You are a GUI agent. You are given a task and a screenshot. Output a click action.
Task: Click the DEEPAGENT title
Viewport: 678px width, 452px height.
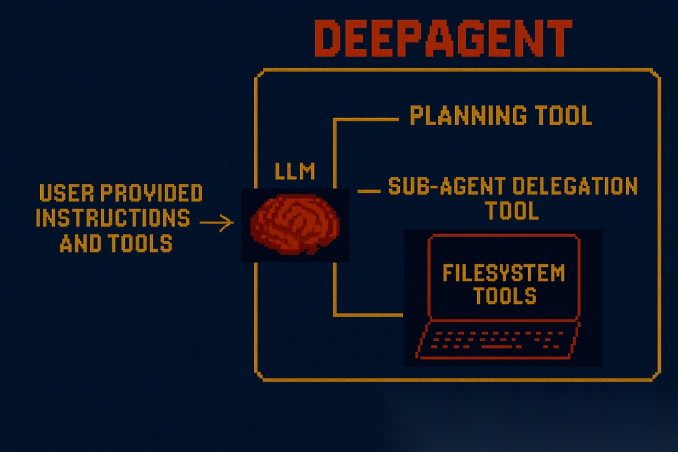tap(443, 39)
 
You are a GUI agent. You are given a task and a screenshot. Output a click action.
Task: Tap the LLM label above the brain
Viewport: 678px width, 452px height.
tap(294, 171)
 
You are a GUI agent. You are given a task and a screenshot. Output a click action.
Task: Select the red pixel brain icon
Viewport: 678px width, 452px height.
tap(294, 224)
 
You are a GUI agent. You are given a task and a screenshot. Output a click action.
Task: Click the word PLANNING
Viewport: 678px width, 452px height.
tap(460, 116)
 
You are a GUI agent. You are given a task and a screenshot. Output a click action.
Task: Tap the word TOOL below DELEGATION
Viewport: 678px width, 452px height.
tap(512, 210)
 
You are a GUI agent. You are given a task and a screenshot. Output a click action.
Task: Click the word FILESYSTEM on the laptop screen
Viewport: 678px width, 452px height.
tap(503, 273)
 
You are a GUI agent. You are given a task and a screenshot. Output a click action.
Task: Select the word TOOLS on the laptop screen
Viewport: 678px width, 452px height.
tap(504, 295)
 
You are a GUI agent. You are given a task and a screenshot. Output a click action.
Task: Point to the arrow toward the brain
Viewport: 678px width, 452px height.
tap(217, 222)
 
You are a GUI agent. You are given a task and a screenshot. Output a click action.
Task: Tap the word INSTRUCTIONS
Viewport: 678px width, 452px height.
tap(113, 218)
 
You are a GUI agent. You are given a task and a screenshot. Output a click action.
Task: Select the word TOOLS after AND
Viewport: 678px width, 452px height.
tap(141, 242)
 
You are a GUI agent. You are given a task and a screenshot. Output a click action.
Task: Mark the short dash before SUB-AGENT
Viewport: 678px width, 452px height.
tap(370, 190)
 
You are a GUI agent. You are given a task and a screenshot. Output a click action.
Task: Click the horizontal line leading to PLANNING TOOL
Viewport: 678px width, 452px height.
tap(367, 119)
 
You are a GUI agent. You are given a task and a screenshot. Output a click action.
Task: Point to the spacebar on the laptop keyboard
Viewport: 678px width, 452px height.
tap(500, 347)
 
